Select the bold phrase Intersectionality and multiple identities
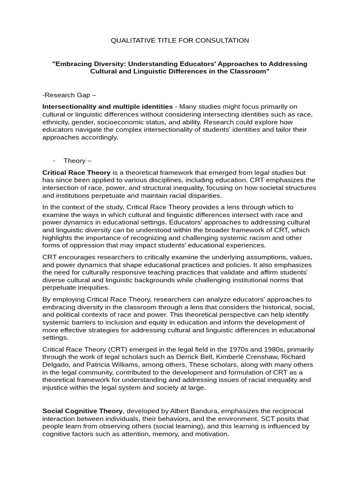(x=107, y=107)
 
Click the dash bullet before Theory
(x=54, y=161)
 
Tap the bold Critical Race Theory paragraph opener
(x=76, y=172)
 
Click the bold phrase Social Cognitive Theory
(x=82, y=411)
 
